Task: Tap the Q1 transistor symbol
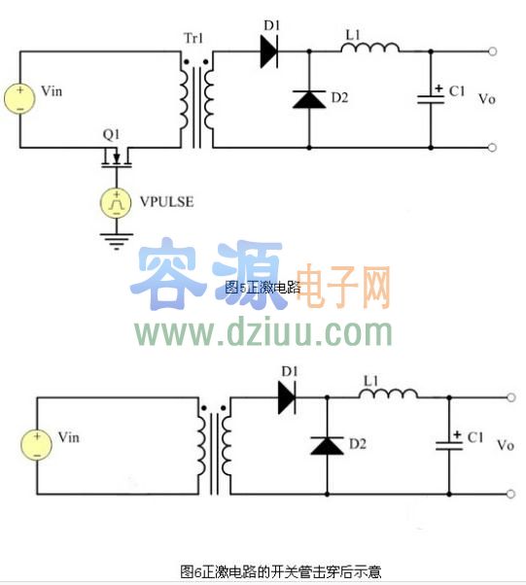[117, 155]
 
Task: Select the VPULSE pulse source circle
[116, 202]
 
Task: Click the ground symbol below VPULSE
[116, 237]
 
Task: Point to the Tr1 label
[194, 38]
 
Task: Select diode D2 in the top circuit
[309, 98]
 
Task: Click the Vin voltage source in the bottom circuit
[35, 444]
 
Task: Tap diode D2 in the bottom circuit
[327, 444]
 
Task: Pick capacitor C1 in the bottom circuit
[450, 442]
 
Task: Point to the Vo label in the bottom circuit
[505, 445]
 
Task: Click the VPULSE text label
[166, 202]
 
